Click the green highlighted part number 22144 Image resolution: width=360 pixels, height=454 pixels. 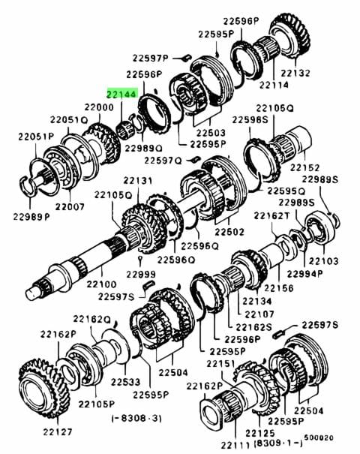[x=121, y=94]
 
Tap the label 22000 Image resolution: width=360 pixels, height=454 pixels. [x=99, y=107]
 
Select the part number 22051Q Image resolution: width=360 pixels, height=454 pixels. [x=69, y=119]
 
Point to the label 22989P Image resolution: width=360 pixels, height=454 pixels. [x=31, y=216]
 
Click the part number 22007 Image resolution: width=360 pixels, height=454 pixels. [x=70, y=206]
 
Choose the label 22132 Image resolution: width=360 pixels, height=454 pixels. [x=295, y=73]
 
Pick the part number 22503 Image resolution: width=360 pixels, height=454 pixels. [x=211, y=133]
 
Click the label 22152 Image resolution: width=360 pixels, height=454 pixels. [x=305, y=167]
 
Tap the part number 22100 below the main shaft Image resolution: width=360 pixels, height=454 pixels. [x=101, y=284]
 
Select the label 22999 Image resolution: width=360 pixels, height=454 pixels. [x=141, y=274]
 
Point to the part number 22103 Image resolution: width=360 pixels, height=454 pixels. [x=323, y=261]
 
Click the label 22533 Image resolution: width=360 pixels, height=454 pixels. [x=125, y=382]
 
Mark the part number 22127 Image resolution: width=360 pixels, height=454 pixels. [x=57, y=432]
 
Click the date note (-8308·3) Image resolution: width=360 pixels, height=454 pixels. [x=136, y=419]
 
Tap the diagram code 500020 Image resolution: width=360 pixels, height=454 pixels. [x=318, y=438]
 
